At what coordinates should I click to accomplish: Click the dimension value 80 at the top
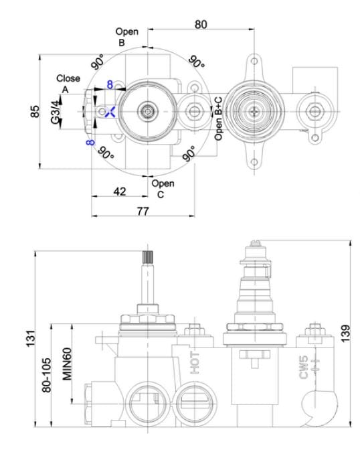[x=201, y=24]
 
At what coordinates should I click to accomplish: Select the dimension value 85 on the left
[x=35, y=111]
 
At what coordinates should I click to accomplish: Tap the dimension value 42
[x=119, y=192]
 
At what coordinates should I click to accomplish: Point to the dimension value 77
[x=143, y=211]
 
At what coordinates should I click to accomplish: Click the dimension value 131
[x=31, y=338]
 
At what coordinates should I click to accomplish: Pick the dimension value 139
[x=345, y=333]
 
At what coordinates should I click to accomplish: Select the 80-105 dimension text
[x=46, y=375]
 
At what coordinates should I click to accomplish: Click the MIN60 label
[x=67, y=364]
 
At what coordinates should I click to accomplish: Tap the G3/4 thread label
[x=56, y=112]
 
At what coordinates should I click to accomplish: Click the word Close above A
[x=68, y=78]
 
